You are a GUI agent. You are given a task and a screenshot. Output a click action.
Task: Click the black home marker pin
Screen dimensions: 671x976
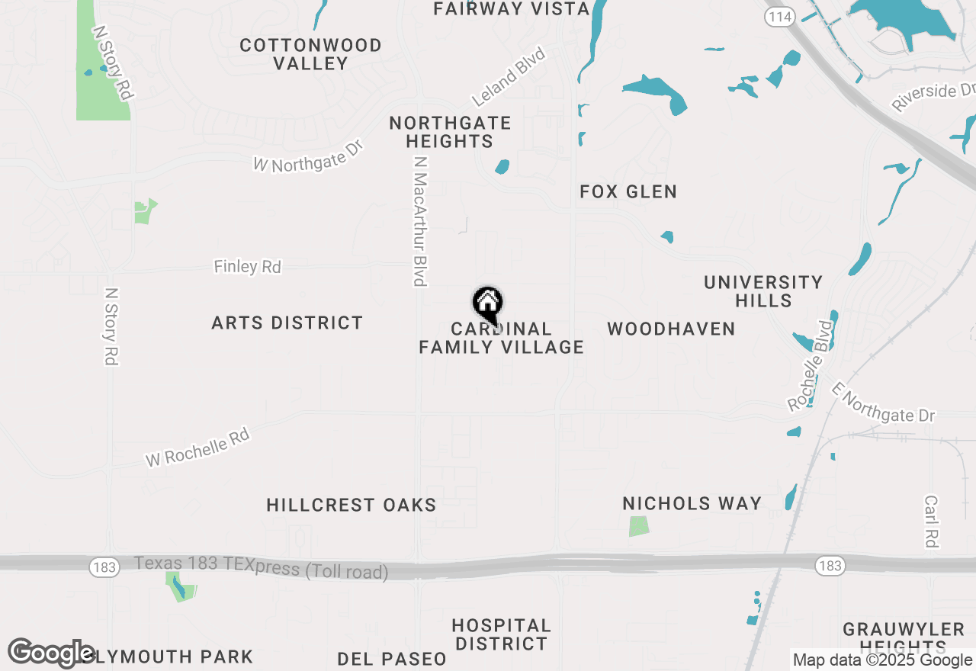488,304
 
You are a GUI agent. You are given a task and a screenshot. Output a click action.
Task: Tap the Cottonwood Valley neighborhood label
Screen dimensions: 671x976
310,54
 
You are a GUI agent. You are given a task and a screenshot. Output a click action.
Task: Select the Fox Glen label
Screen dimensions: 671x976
628,191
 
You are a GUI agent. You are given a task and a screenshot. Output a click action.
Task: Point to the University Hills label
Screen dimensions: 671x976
763,291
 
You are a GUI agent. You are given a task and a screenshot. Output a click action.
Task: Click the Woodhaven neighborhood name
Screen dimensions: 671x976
671,329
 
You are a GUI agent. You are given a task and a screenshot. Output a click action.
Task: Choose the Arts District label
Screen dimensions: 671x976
287,323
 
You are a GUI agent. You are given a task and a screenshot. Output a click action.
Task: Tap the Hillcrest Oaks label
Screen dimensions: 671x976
351,505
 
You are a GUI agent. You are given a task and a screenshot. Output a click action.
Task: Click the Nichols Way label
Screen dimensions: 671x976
692,503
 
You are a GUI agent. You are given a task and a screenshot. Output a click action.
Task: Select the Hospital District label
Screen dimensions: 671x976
501,634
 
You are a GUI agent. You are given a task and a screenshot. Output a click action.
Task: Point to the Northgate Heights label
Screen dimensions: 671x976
450,132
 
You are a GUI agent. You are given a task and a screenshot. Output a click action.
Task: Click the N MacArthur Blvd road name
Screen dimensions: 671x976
419,221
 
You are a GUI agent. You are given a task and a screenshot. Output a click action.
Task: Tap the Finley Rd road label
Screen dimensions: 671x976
247,267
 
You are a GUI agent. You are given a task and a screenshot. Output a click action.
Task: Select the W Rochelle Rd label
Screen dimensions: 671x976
198,448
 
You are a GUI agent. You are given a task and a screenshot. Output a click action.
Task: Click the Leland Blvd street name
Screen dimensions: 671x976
509,77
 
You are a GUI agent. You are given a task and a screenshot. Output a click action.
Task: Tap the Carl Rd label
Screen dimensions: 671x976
930,522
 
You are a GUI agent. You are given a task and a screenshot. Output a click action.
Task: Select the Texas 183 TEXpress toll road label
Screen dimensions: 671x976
262,567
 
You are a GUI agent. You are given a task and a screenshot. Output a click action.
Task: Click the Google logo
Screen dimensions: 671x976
51,653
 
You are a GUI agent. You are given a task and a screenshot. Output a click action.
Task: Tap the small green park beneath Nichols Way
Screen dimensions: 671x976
639,526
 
